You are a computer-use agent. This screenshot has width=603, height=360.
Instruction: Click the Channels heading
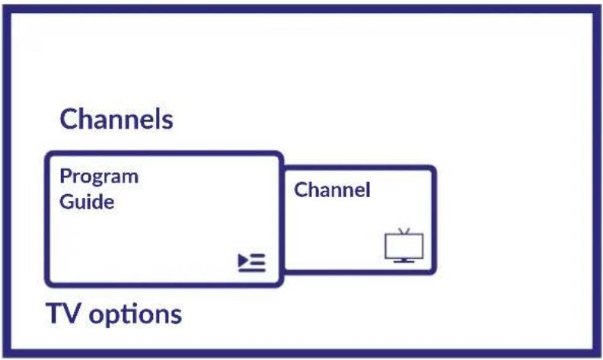pyautogui.click(x=116, y=119)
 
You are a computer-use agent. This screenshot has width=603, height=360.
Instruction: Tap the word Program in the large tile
pyautogui.click(x=99, y=177)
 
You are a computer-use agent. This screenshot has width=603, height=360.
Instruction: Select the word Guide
pyautogui.click(x=87, y=202)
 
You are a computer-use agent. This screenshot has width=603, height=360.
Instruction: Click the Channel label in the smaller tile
pyautogui.click(x=332, y=190)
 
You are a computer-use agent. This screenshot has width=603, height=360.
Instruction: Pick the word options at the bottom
pyautogui.click(x=136, y=315)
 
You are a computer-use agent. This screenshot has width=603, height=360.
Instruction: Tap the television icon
pyautogui.click(x=404, y=245)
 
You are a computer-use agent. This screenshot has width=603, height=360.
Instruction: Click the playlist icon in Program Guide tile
pyautogui.click(x=252, y=263)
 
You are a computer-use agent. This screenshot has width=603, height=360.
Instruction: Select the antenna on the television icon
pyautogui.click(x=404, y=231)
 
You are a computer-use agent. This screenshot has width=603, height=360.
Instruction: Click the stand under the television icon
pyautogui.click(x=404, y=261)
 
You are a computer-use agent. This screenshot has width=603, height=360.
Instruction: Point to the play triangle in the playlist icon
pyautogui.click(x=244, y=260)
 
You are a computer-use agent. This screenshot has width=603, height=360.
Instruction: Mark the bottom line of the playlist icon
pyautogui.click(x=252, y=270)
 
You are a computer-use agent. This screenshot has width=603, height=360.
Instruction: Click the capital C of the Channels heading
pyautogui.click(x=69, y=119)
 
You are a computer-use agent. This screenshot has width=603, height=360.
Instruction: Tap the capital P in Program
pyautogui.click(x=66, y=176)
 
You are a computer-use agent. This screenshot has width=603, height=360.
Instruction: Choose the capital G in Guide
pyautogui.click(x=67, y=202)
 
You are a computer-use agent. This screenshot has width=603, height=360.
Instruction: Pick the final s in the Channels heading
pyautogui.click(x=167, y=122)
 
